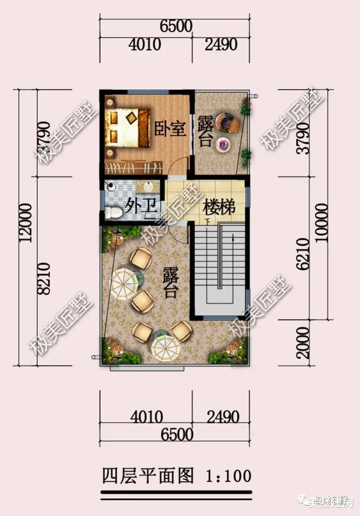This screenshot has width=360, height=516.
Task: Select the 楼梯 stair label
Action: (218, 208)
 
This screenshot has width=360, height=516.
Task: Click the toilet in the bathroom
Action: (114, 213)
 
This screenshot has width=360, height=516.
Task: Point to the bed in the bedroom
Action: (126, 127)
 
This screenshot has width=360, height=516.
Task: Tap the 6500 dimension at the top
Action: (175, 26)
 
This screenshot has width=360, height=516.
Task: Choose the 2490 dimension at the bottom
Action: (223, 417)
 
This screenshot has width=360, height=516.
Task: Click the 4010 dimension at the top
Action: (145, 45)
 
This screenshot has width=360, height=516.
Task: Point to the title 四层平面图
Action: (147, 476)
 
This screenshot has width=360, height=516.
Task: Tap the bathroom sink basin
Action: (148, 187)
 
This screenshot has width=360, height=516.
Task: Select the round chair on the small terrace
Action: (228, 123)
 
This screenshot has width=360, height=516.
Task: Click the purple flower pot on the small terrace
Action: (224, 144)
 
